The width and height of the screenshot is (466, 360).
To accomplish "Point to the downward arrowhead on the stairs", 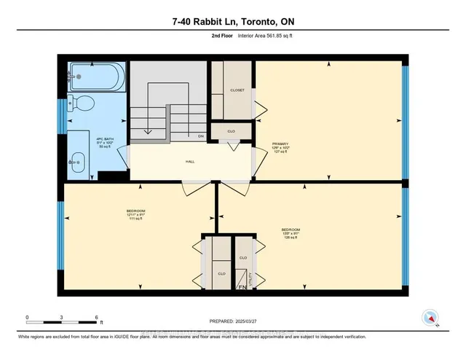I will click(x=147, y=132).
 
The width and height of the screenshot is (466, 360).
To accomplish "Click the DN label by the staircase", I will click(x=200, y=136).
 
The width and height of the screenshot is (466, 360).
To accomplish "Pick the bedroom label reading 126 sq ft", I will click(x=291, y=234).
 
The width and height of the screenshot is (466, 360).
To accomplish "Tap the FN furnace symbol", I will click(x=242, y=289).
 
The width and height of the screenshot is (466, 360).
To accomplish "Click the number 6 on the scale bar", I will click(x=96, y=318).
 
